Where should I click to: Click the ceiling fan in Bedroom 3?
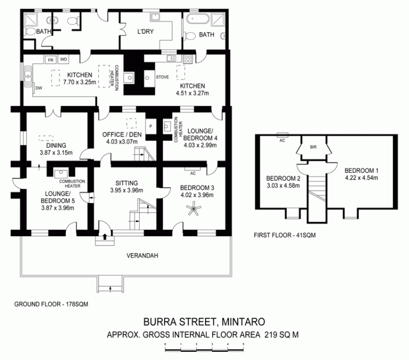click(194, 208)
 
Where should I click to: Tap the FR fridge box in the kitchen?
click(51, 60)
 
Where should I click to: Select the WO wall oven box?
click(63, 59)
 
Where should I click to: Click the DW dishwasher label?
click(39, 88)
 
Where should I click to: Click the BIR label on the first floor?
click(313, 147)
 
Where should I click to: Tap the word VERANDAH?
click(142, 256)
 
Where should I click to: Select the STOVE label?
click(163, 77)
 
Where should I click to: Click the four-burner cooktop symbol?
click(188, 59)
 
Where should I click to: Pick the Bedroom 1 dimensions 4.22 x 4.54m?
click(362, 178)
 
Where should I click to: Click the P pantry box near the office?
click(151, 127)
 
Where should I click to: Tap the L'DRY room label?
click(145, 32)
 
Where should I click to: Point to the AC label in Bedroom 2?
click(282, 140)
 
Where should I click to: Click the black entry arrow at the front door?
click(105, 237)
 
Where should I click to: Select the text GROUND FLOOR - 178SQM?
click(51, 304)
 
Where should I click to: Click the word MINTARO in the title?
click(243, 322)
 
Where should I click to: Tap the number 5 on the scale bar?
click(244, 344)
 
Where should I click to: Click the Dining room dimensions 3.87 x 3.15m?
click(56, 153)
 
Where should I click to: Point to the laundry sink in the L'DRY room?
click(155, 17)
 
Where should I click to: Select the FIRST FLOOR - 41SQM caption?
click(285, 235)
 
